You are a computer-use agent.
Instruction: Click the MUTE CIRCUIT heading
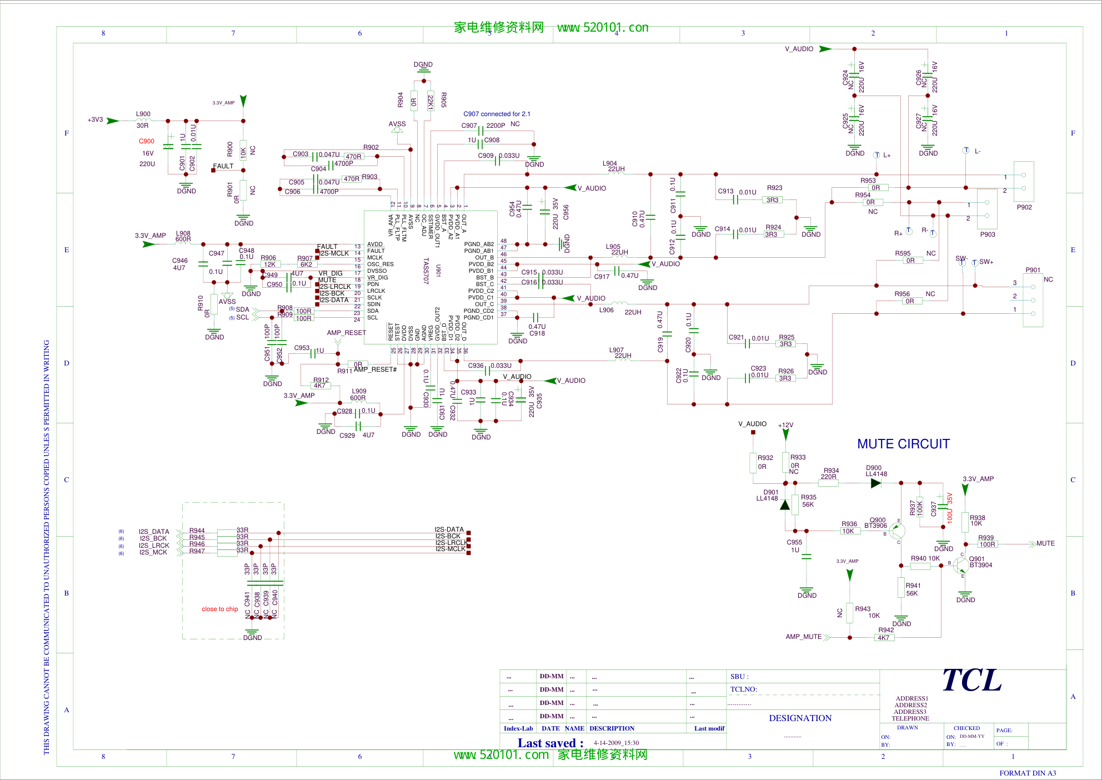903,444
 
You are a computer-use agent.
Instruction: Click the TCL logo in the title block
972,681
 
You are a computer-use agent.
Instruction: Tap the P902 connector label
1024,207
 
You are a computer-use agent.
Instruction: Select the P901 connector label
1033,270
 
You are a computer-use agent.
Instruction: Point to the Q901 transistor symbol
961,565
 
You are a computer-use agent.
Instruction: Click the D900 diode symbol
876,483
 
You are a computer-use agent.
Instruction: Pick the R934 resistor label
831,471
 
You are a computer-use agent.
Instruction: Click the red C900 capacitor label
147,141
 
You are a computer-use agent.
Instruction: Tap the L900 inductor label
143,114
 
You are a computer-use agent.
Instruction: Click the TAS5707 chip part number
426,271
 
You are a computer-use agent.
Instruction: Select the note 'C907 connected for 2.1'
497,114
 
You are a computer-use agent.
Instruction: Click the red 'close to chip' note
220,609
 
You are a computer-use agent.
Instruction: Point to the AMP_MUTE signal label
803,637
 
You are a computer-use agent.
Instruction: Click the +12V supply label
785,425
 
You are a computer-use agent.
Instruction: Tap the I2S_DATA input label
154,532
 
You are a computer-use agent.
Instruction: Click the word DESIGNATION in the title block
800,718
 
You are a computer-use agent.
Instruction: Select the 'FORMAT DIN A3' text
1028,773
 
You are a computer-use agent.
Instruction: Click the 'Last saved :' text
550,743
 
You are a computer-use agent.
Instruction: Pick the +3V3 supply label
96,119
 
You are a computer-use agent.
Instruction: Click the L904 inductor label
610,163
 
